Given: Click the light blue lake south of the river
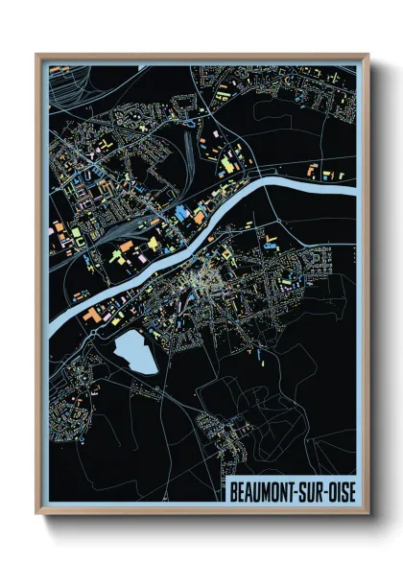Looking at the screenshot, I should point(135,353).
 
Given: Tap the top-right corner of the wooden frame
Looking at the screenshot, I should point(367,55).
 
